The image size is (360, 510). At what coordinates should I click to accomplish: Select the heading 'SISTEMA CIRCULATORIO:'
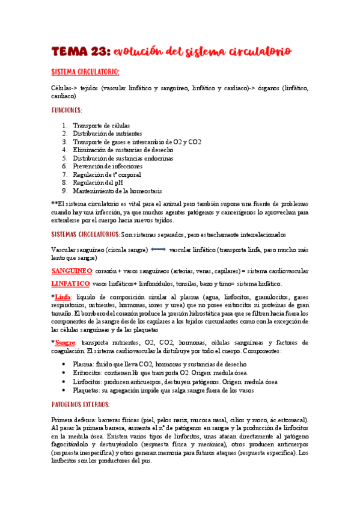pos(85,73)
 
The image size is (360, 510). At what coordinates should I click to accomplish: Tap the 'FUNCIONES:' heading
pos(67,110)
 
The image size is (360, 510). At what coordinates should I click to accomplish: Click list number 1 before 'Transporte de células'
pos(65,125)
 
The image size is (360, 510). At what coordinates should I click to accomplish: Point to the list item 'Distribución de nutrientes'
pos(108,134)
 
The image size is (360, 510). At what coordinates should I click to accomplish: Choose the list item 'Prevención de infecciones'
pos(108,166)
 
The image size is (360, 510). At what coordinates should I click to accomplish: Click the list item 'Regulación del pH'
pos(99,182)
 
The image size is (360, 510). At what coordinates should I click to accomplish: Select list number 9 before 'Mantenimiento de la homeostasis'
pos(65,191)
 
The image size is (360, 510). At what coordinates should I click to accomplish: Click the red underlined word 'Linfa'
pos(63,296)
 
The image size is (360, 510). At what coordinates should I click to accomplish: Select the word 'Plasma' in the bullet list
pos(83,364)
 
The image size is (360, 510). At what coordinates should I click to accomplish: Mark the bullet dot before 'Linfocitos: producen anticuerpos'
pos(64,381)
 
